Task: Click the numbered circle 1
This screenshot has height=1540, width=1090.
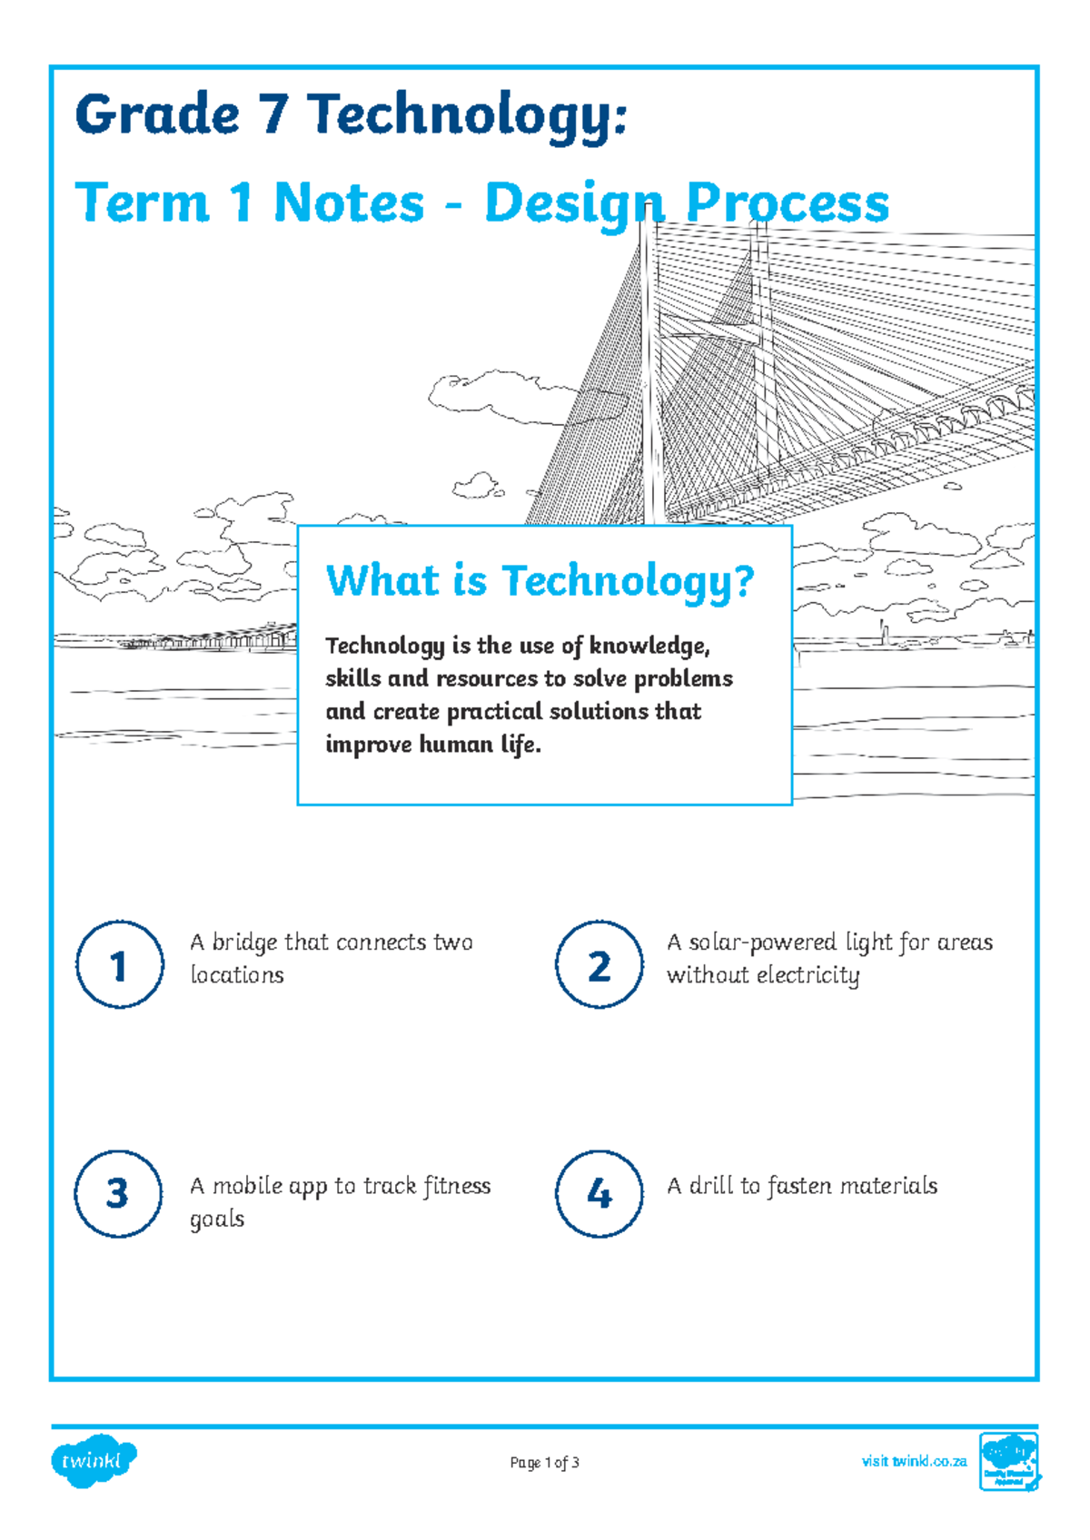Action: coord(119,964)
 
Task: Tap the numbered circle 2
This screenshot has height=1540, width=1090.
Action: coord(599,964)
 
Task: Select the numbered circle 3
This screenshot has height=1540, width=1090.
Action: coord(119,1193)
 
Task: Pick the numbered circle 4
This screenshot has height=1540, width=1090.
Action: coord(599,1193)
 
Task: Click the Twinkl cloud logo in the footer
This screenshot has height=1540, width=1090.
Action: coord(94,1461)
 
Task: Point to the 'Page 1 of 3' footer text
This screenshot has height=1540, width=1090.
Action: coord(544,1463)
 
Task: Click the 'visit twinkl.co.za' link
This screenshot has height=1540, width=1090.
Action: coord(914,1461)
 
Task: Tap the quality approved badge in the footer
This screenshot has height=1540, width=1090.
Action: coord(1009,1461)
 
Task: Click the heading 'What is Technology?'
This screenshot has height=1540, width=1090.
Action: coord(540,580)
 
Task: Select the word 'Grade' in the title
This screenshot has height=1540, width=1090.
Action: coord(156,115)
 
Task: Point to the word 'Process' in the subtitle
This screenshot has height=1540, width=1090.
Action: coord(788,202)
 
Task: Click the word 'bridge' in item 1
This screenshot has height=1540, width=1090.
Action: coord(244,943)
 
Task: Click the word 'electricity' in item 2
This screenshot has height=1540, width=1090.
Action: coord(808,975)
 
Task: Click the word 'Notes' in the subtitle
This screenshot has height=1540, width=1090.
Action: coord(349,202)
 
